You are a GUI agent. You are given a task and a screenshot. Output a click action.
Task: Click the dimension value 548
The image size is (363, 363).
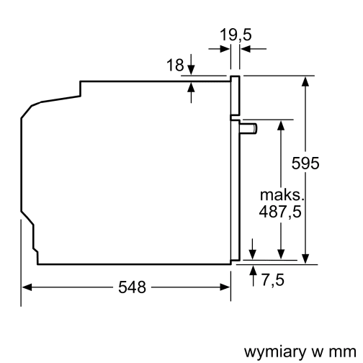click(132, 288)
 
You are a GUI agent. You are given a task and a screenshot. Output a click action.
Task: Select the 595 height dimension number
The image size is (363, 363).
click(305, 163)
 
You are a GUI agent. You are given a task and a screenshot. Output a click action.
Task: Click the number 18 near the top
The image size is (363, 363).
click(176, 66)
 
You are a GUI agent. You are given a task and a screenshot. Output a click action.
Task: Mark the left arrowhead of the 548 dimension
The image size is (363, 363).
click(27, 287)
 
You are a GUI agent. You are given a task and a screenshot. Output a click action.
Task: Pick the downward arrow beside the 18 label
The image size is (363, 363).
click(192, 70)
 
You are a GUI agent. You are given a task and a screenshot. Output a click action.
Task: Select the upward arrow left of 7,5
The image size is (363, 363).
click(253, 270)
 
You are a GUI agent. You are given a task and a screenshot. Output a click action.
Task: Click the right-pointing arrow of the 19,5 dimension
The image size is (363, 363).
click(225, 48)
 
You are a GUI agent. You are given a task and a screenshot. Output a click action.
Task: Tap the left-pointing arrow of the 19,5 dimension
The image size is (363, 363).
click(244, 48)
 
